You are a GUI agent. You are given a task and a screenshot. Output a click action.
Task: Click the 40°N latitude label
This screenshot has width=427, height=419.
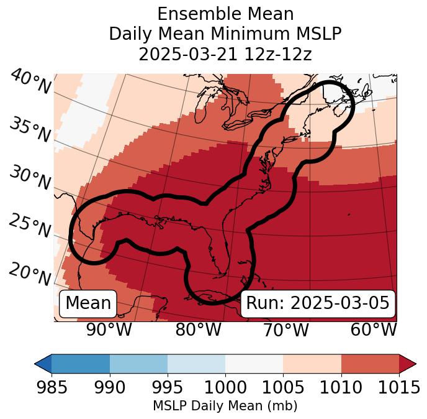click(30, 82)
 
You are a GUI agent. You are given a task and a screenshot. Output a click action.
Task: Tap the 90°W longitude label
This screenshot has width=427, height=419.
click(109, 330)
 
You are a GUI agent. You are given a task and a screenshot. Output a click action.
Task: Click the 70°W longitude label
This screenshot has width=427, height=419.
click(285, 330)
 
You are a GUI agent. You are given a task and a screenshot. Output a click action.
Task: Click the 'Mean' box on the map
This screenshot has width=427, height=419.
click(88, 303)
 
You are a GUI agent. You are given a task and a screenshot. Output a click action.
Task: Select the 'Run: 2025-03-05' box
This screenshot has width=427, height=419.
click(318, 303)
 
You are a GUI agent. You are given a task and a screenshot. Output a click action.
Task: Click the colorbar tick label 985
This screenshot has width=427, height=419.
click(52, 387)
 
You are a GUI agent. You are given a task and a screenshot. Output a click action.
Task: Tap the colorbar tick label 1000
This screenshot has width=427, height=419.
click(225, 387)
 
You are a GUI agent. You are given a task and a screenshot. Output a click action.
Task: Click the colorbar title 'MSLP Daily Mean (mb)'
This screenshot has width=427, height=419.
click(225, 406)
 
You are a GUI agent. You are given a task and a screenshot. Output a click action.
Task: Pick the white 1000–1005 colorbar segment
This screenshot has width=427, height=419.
click(254, 364)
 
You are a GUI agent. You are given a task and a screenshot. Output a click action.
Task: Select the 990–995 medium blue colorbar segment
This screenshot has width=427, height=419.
click(138, 364)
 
